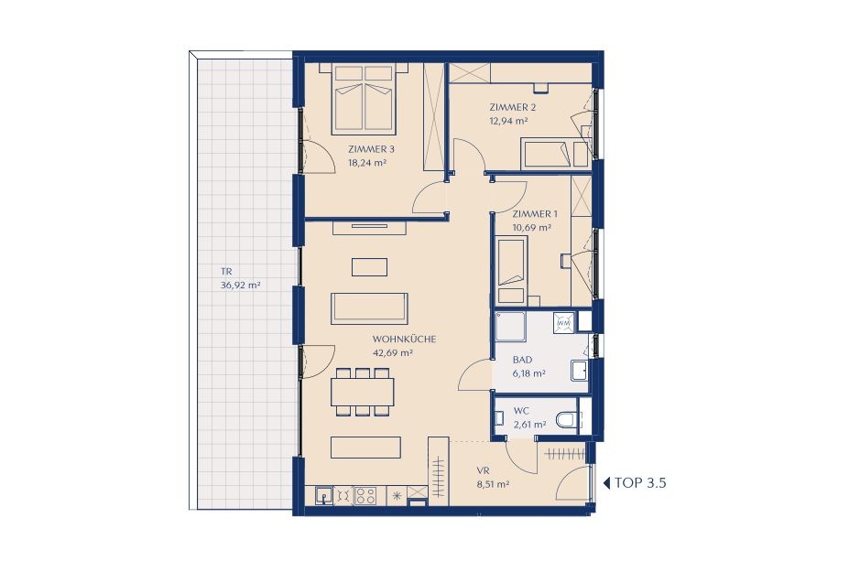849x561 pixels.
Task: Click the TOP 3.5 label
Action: (640, 483)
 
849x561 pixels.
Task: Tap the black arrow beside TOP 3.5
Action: (606, 483)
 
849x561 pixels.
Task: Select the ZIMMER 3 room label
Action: (367, 149)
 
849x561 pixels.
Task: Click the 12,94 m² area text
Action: (508, 121)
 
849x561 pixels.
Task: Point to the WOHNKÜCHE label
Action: (404, 340)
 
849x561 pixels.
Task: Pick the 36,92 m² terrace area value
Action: (240, 286)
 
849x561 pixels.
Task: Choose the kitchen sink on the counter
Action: (323, 495)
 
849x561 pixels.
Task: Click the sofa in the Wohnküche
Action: (370, 307)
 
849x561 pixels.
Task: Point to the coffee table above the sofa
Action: (369, 267)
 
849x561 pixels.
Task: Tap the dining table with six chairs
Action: (363, 393)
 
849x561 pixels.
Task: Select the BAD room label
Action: (523, 360)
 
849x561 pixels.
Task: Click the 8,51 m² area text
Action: (493, 485)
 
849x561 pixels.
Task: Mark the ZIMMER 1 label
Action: (535, 214)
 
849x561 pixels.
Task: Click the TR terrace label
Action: (226, 272)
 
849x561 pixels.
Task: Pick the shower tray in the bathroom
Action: (510, 327)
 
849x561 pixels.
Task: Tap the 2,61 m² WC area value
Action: (529, 425)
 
